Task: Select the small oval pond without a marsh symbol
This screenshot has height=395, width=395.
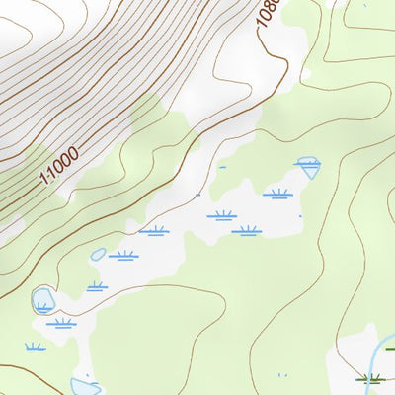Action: click(x=98, y=254)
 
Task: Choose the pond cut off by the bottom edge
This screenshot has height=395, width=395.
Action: click(x=83, y=386)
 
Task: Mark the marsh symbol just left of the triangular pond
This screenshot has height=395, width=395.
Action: click(x=277, y=194)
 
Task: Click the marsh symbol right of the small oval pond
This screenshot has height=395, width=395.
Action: click(x=123, y=256)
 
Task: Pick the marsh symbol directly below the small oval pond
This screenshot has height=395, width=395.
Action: click(x=96, y=287)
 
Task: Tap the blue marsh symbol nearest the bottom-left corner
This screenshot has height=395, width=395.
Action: click(x=36, y=347)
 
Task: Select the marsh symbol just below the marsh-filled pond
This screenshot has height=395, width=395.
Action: click(x=61, y=322)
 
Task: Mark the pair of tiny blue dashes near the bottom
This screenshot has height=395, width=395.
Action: click(x=281, y=374)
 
